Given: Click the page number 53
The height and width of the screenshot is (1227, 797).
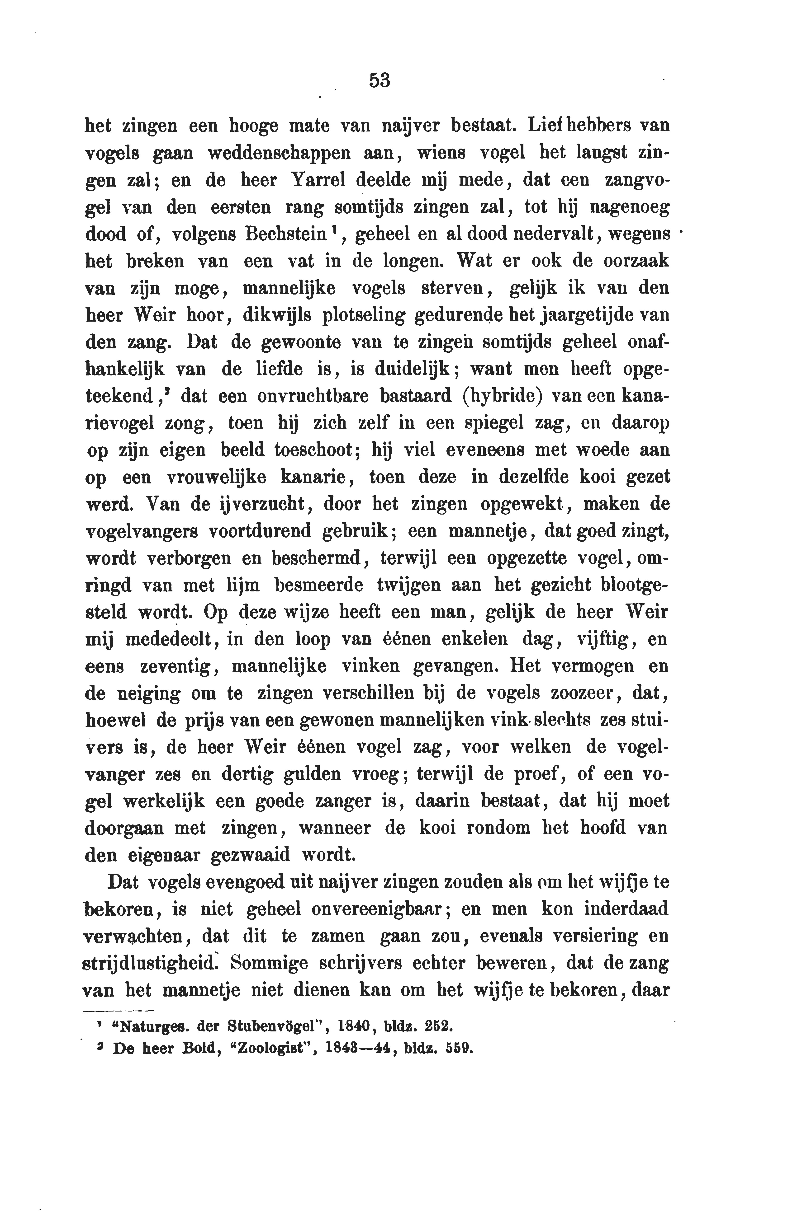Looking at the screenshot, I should tap(380, 81).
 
